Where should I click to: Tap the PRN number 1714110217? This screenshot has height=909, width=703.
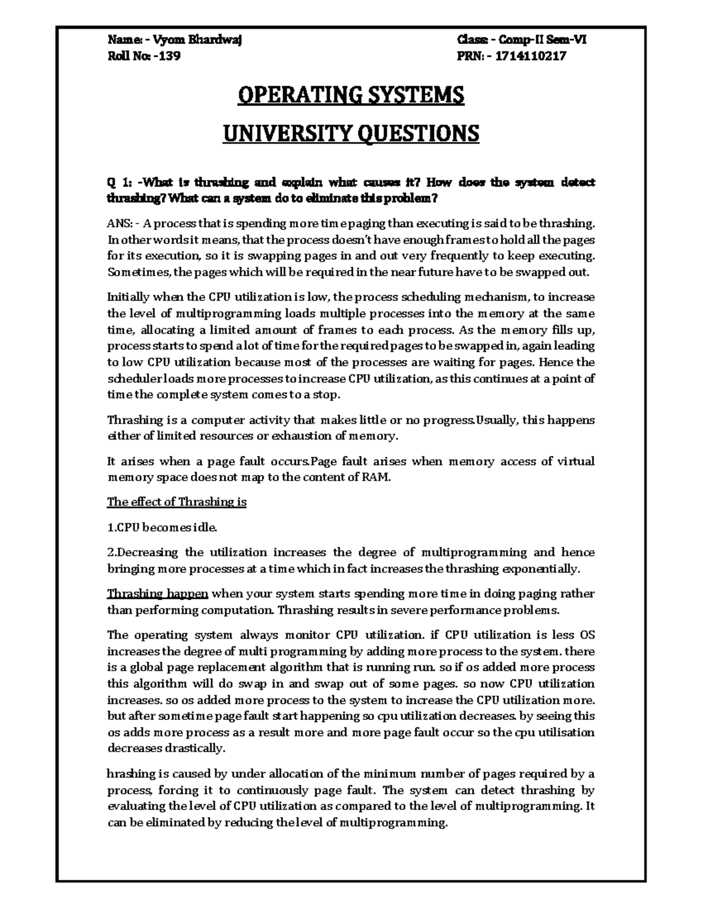pos(531,56)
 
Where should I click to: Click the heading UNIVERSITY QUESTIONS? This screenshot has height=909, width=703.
pos(351,134)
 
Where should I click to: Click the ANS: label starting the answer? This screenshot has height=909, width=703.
pos(122,223)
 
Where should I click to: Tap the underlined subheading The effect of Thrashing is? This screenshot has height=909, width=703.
pos(176,502)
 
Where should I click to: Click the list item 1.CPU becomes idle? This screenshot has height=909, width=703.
pos(162,527)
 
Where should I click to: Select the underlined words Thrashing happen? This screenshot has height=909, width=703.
pos(158,594)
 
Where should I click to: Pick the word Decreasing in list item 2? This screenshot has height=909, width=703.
pos(146,552)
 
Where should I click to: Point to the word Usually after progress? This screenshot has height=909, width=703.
pos(496,420)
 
